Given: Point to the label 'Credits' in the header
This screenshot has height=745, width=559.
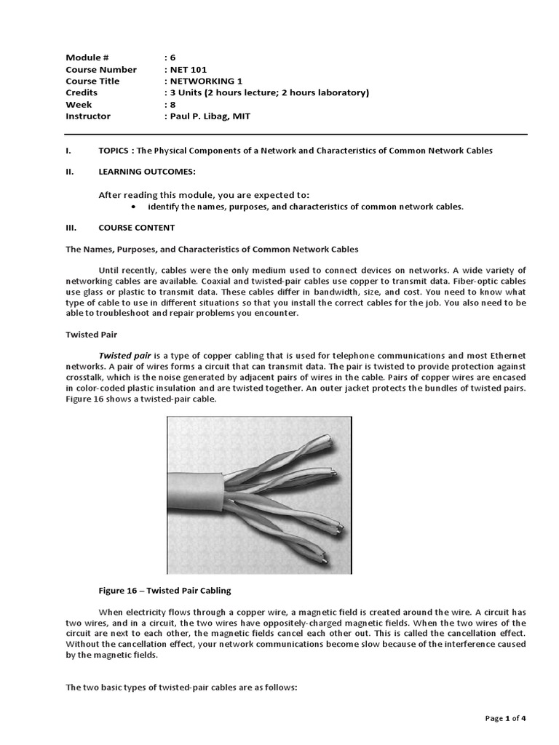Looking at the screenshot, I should [x=81, y=93].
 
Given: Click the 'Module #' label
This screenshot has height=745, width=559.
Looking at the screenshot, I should [x=87, y=58].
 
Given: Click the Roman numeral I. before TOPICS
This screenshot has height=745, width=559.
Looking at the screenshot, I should [x=68, y=150].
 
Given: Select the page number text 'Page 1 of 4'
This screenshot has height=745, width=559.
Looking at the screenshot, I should [x=505, y=719].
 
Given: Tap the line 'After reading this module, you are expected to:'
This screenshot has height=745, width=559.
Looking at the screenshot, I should [x=204, y=195].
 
